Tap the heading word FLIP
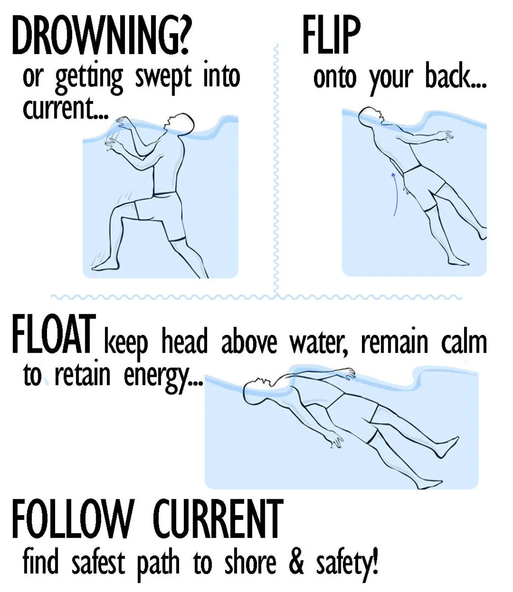332,37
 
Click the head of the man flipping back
372,115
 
